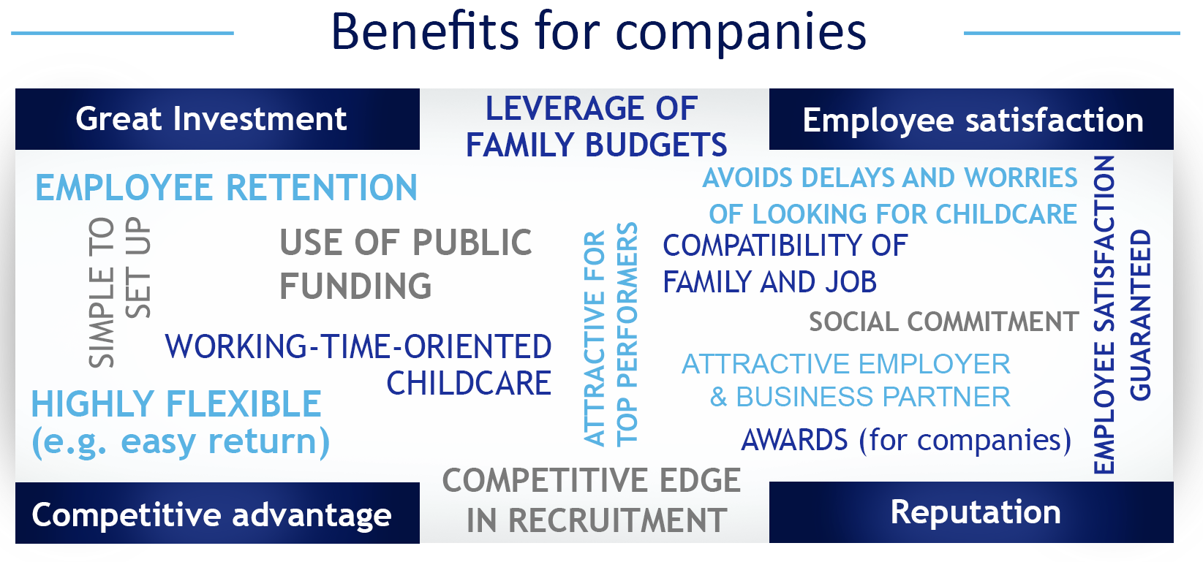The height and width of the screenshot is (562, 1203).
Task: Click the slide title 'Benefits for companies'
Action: (x=599, y=32)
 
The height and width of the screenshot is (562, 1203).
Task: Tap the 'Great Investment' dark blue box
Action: (x=217, y=119)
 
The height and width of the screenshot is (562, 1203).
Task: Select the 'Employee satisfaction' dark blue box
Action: (x=971, y=119)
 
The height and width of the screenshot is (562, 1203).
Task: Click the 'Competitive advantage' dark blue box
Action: (x=217, y=513)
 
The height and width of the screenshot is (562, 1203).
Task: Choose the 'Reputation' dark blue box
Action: (x=971, y=512)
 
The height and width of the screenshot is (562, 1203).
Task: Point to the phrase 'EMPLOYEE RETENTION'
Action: (x=226, y=188)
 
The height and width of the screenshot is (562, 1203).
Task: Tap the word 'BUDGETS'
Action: (x=656, y=145)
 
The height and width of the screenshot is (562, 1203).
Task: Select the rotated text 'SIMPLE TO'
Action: (x=102, y=292)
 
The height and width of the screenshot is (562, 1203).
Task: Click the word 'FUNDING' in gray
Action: (x=355, y=286)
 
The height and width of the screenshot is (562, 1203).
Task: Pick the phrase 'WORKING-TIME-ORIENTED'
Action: (x=358, y=346)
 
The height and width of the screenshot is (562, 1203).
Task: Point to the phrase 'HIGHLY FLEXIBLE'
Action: (x=177, y=403)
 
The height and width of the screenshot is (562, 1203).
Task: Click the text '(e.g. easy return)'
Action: (x=181, y=442)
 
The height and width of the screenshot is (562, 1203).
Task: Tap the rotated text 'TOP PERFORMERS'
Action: (x=627, y=334)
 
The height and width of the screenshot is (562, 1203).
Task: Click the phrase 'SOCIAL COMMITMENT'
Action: (x=944, y=322)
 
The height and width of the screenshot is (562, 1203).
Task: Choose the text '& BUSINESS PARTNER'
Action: (x=860, y=398)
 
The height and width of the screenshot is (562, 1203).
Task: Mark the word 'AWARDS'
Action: (x=794, y=440)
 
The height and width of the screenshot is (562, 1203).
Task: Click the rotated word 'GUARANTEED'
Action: (x=1140, y=315)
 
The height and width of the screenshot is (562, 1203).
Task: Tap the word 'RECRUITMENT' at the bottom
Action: (x=597, y=520)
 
